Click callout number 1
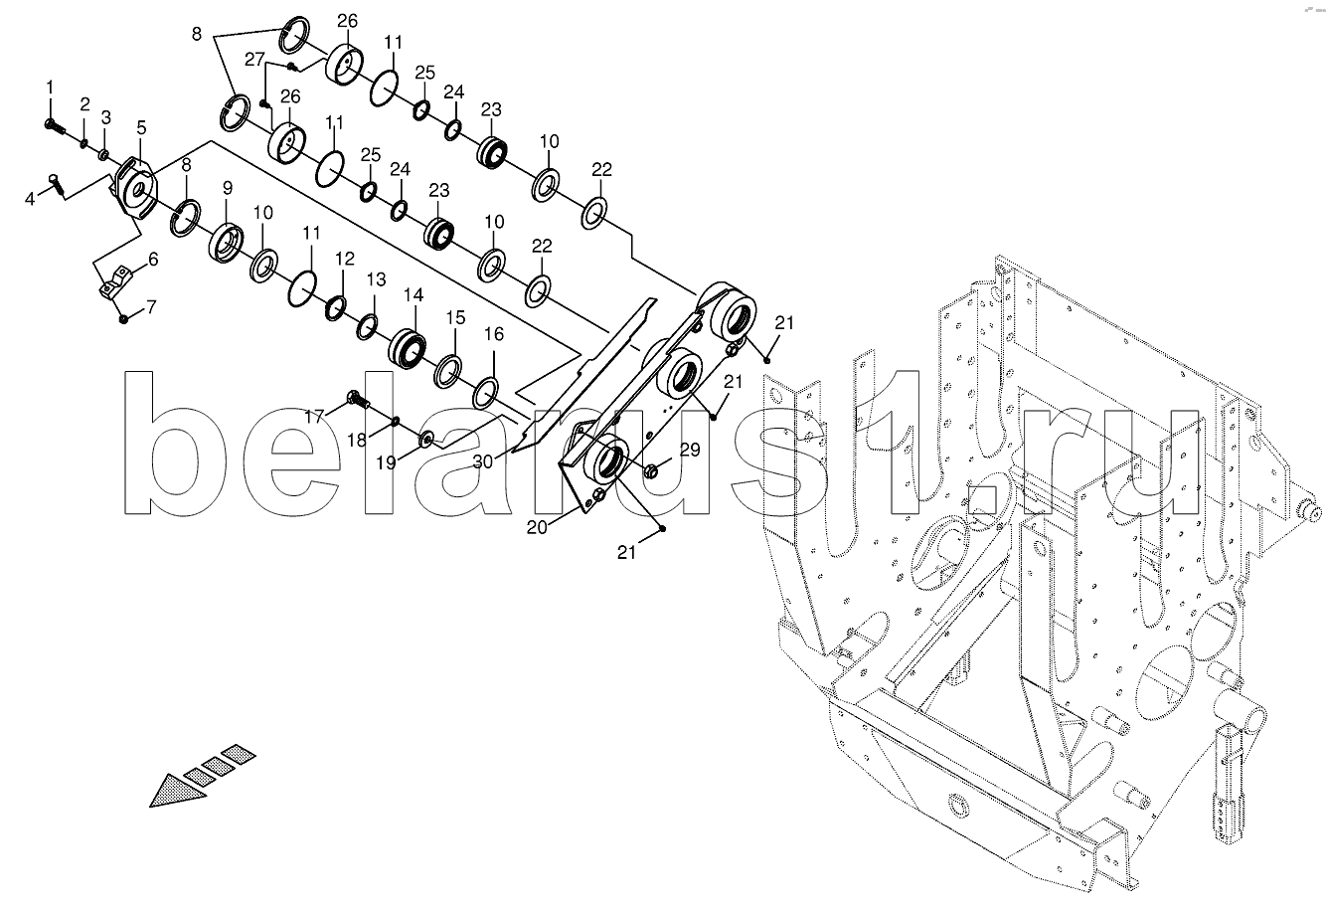50,88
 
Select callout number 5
141,127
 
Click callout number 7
152,307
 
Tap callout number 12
344,259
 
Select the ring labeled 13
368,327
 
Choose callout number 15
455,317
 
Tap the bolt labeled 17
357,400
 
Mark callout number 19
386,462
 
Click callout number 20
537,526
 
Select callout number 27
254,60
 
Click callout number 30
483,461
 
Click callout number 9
228,188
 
